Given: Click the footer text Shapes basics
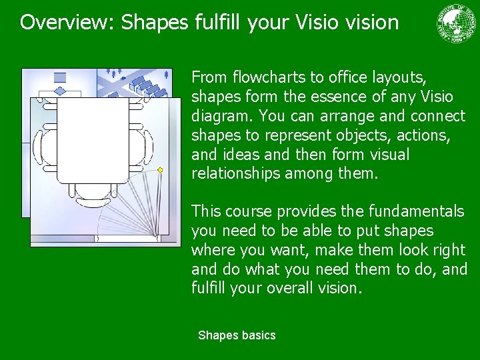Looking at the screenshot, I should click(x=237, y=335).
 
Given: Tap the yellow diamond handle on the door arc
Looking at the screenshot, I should click(x=160, y=170).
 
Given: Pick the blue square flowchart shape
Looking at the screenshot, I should click(x=60, y=77).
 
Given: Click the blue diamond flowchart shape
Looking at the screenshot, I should click(x=60, y=91).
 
